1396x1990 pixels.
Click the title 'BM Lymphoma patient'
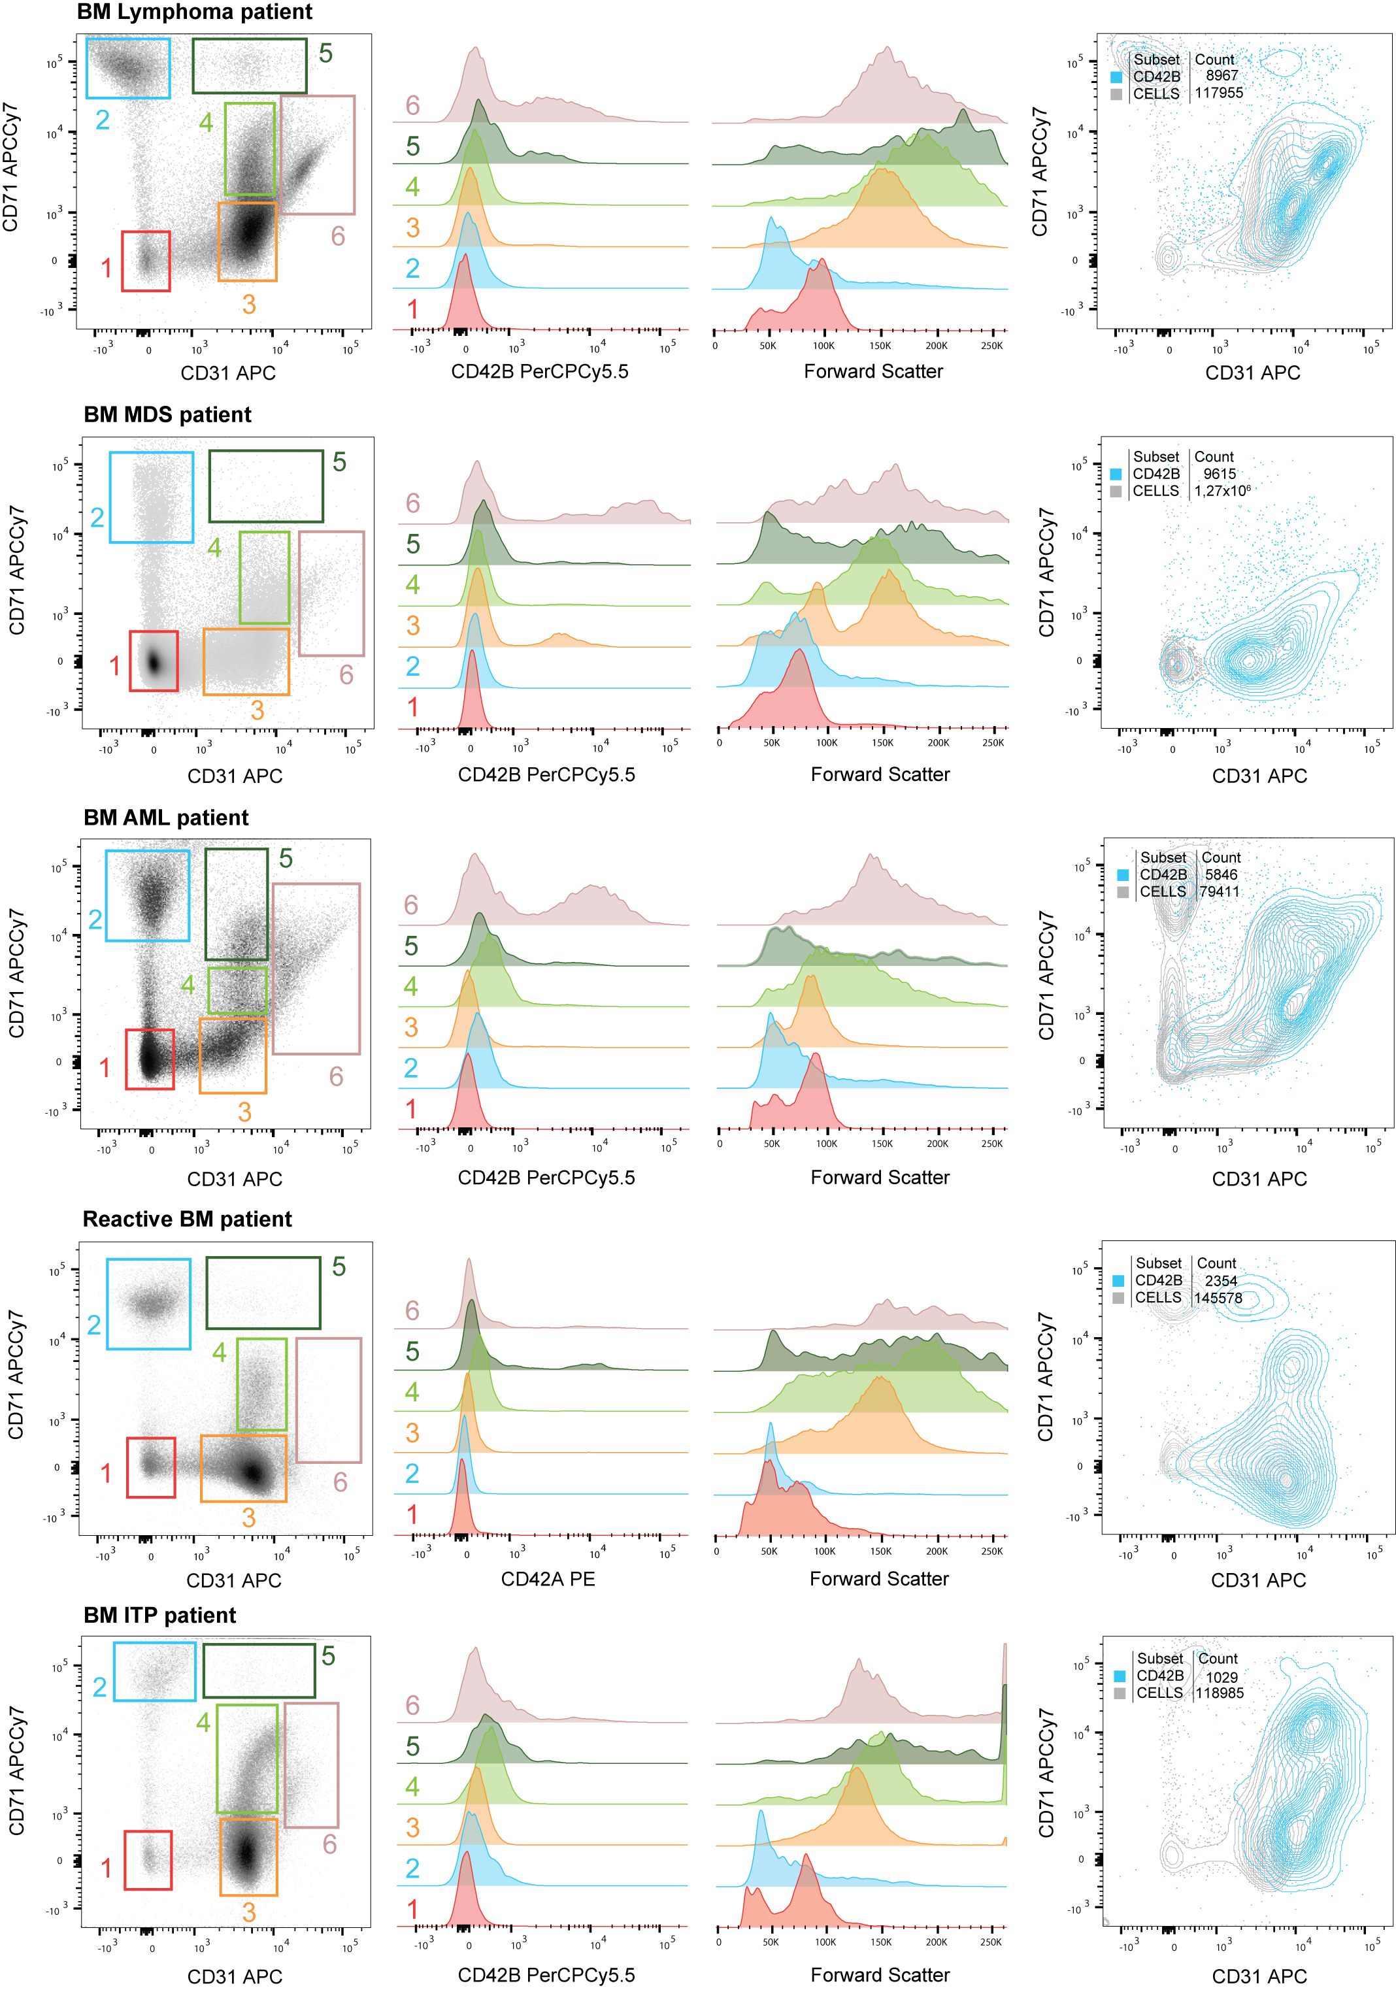tap(194, 13)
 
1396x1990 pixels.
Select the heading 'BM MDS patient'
tap(167, 414)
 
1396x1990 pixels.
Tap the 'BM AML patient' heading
tap(165, 818)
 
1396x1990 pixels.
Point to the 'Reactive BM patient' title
tap(186, 1219)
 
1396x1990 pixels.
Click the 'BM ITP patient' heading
tap(159, 1615)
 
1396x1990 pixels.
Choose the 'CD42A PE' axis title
tap(548, 1578)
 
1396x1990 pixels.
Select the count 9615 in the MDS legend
tap(1220, 474)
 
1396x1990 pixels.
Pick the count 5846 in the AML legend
tap(1221, 874)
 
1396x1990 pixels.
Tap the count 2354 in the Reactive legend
tap(1220, 1280)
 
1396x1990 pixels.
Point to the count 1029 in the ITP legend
tap(1221, 1677)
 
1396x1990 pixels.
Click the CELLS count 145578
tap(1218, 1297)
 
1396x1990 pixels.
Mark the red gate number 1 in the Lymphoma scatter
tap(106, 268)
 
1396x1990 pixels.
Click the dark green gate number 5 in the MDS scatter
tap(340, 462)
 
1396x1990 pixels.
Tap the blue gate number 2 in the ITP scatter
tap(99, 1687)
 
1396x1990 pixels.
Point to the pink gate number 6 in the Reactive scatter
tap(341, 1482)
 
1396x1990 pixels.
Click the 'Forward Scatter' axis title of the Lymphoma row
tap(872, 372)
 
